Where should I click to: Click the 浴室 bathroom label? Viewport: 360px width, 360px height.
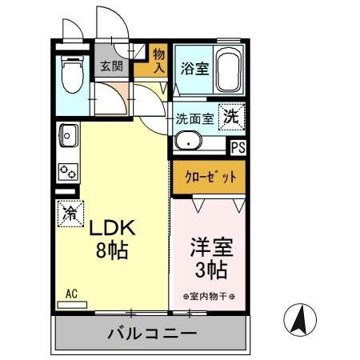click(194, 69)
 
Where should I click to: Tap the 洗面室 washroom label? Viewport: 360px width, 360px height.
click(194, 119)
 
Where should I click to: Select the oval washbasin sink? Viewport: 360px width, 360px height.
click(191, 144)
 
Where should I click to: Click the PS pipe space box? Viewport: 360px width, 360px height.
click(238, 147)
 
